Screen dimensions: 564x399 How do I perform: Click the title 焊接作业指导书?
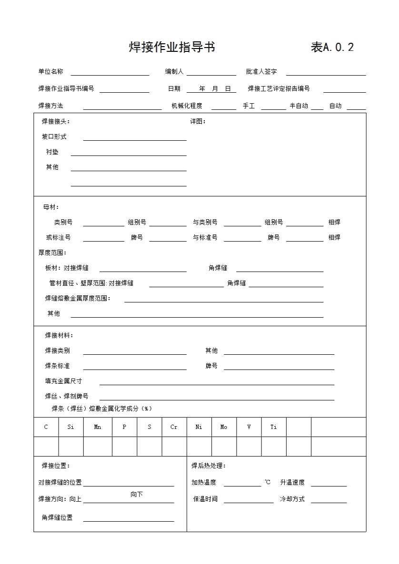172,47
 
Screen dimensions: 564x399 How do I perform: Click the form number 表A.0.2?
332,47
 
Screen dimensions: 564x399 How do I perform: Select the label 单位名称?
50,72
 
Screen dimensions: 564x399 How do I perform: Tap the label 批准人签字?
261,72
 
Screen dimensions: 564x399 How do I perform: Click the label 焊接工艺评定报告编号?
279,88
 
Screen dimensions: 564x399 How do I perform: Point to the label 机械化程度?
187,106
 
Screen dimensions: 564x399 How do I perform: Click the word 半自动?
299,106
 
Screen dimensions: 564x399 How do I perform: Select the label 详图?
198,121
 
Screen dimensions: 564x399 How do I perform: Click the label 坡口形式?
54,137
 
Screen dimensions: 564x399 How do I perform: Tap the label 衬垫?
52,152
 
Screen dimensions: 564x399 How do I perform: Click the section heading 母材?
51,207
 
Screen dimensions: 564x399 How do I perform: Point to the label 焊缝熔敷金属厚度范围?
78,299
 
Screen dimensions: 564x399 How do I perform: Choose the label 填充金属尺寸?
63,381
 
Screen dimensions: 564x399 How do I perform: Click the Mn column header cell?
98,427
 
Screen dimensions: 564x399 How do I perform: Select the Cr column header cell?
174,427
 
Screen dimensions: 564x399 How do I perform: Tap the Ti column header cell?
273,427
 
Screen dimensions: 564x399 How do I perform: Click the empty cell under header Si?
71,447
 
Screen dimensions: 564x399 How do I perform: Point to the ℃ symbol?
267,482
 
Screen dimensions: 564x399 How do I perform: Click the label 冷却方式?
292,499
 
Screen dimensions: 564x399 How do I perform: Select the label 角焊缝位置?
57,518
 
